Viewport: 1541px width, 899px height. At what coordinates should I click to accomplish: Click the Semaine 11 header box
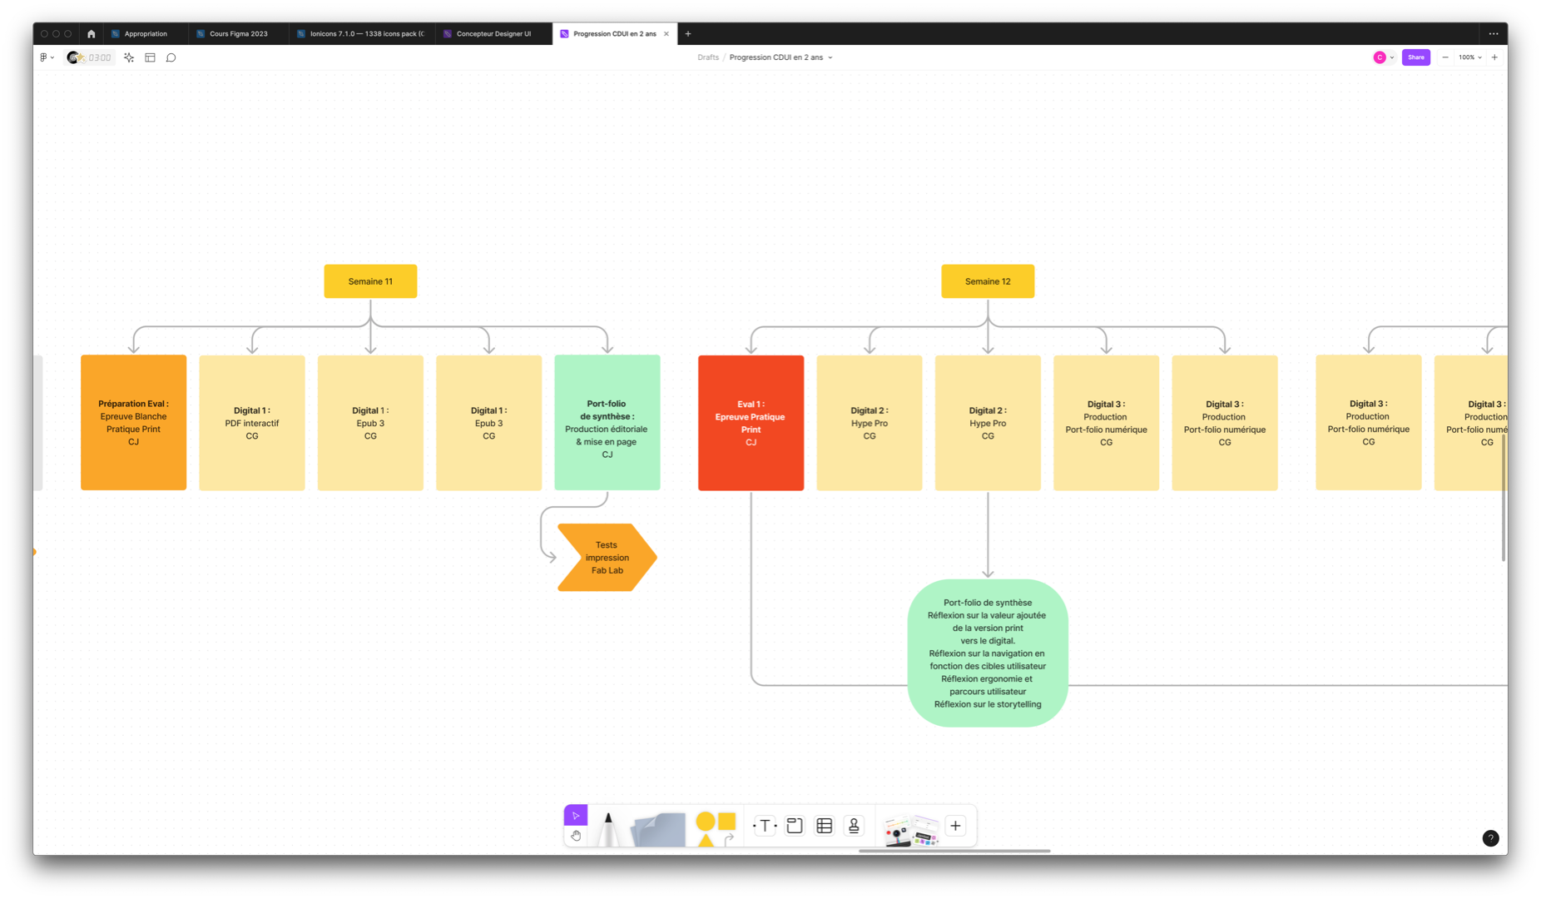tap(370, 281)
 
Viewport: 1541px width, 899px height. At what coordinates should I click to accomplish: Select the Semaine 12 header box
tap(988, 281)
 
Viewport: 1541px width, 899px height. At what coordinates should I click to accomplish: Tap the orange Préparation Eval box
tap(133, 423)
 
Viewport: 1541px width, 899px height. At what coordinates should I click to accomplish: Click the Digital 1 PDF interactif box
tap(252, 423)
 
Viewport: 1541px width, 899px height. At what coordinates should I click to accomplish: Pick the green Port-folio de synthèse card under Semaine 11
tap(607, 423)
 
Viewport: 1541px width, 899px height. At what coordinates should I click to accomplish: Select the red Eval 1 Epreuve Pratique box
tap(751, 423)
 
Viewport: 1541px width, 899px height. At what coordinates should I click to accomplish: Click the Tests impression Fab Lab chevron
tap(607, 558)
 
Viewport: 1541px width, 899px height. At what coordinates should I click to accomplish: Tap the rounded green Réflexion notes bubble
tap(988, 653)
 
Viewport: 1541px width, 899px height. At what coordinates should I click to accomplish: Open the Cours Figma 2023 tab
tap(238, 34)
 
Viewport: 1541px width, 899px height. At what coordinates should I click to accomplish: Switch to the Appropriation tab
tap(145, 34)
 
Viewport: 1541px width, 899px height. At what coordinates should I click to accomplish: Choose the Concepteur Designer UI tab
tap(493, 34)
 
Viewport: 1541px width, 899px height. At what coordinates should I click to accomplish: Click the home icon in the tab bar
tap(92, 34)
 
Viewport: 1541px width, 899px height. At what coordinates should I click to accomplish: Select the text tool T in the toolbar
tap(765, 826)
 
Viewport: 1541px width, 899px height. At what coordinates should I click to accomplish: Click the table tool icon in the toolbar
tap(825, 826)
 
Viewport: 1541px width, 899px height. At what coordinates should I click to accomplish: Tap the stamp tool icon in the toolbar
tap(854, 826)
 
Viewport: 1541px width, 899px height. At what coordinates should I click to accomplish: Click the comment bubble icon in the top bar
tap(171, 57)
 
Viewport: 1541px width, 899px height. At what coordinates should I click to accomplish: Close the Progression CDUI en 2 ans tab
tap(666, 34)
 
